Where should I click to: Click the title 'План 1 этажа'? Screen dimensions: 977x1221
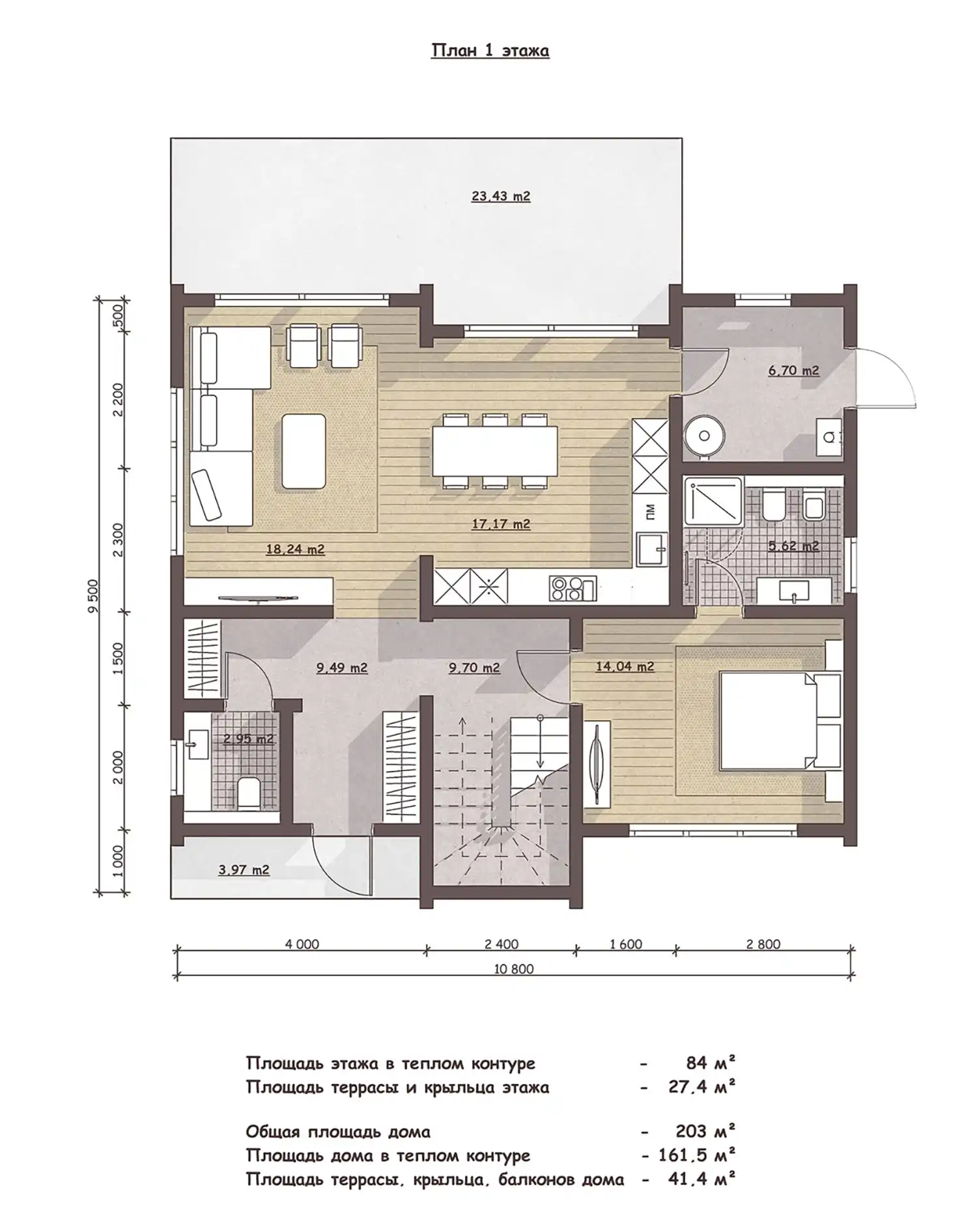[x=490, y=51]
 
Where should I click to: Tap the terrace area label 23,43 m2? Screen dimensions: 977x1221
[x=500, y=195]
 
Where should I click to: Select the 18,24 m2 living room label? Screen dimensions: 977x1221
[x=295, y=549]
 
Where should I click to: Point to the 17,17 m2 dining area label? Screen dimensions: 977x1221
[x=500, y=524]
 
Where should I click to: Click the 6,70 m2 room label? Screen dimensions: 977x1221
[x=793, y=371]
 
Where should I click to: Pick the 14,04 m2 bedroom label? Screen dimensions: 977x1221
[x=625, y=666]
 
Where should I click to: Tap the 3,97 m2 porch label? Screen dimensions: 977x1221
[x=244, y=869]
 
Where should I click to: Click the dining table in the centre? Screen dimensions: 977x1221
[x=495, y=451]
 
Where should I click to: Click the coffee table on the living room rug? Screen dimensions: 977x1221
[x=304, y=451]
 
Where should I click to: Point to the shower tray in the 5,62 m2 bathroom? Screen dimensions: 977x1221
[x=713, y=500]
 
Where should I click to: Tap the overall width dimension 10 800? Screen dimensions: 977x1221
[x=513, y=969]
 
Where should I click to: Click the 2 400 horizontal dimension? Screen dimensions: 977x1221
[x=502, y=944]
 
